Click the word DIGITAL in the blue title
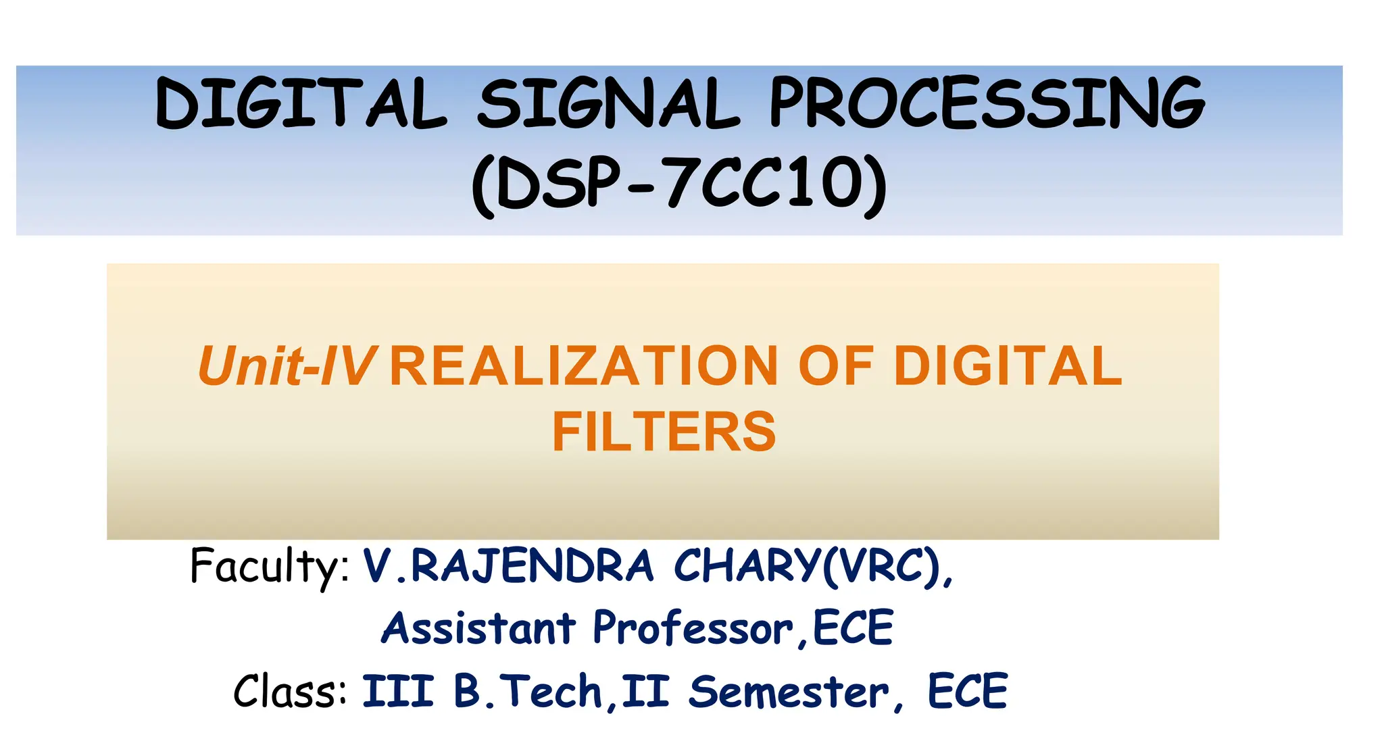pos(301,103)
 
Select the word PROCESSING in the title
pos(987,103)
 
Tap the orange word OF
pos(835,367)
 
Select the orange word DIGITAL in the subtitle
pos(1008,367)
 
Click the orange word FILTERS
pos(664,432)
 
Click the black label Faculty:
pos(270,566)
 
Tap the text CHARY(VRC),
pos(813,566)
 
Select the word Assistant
pos(478,628)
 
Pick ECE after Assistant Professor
pos(854,628)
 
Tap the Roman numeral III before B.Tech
pos(398,692)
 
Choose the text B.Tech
pos(528,692)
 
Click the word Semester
pos(789,692)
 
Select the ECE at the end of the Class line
pos(968,692)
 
